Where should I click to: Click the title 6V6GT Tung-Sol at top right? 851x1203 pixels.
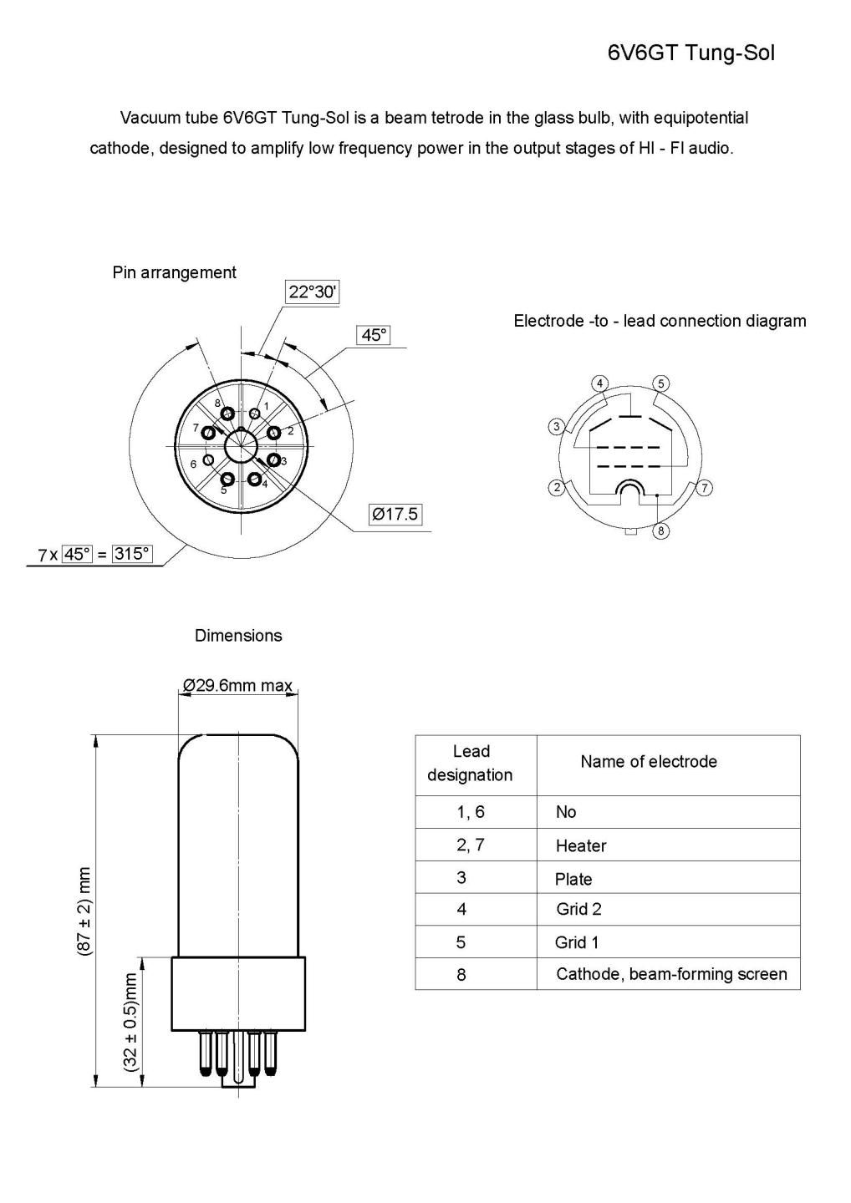690,53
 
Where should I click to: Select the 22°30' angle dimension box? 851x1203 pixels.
312,292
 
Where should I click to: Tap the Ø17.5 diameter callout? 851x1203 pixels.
395,514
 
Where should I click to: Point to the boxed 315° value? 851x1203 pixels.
132,553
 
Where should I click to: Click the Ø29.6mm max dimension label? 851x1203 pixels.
238,686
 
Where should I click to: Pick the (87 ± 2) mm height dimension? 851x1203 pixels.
84,911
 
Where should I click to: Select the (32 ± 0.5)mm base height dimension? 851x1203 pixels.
130,1022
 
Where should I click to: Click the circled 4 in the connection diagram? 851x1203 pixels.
599,383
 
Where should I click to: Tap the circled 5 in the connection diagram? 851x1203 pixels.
660,383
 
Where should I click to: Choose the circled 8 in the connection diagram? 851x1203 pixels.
660,530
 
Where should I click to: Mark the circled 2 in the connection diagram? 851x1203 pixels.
556,487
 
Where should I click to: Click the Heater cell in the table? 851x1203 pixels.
581,845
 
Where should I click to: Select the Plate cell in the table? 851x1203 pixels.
573,879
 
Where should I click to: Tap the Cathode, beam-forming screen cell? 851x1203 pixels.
671,974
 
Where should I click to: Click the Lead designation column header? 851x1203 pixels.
470,764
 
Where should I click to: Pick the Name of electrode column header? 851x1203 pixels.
649,762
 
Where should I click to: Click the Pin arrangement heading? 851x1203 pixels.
174,272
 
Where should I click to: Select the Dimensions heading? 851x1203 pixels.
238,636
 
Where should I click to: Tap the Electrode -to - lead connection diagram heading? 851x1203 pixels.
660,321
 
